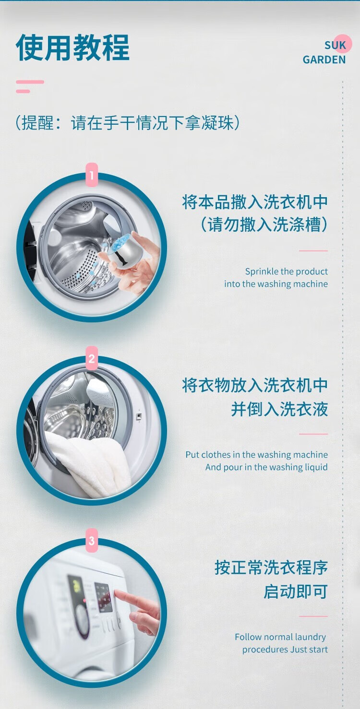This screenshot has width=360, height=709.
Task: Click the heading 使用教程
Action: pos(72,47)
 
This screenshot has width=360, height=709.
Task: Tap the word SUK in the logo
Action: pos(336,45)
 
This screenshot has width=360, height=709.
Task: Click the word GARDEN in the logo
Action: pos(324,59)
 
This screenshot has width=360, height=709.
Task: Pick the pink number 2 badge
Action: pos(92,358)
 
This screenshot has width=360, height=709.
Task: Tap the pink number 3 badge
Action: pos(92,540)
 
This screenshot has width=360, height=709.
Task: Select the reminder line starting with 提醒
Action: pos(127,123)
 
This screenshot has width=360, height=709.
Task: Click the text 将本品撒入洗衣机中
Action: pos(255,202)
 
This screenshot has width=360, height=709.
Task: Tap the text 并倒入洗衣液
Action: pos(279,409)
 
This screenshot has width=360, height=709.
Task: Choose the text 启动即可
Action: pos(295,591)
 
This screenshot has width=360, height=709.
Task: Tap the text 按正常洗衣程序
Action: pos(271,567)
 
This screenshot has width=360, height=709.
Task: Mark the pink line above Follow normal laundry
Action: pos(313,616)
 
